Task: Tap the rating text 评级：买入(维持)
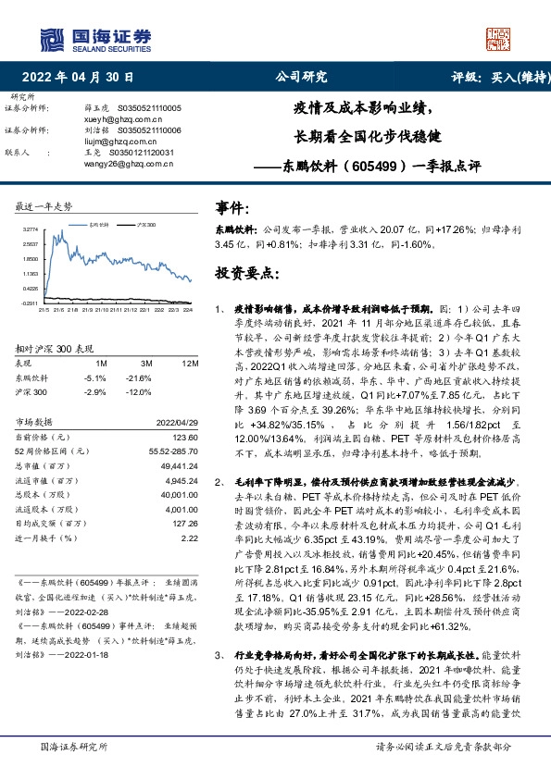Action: pos(495,78)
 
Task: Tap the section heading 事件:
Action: pos(232,209)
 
